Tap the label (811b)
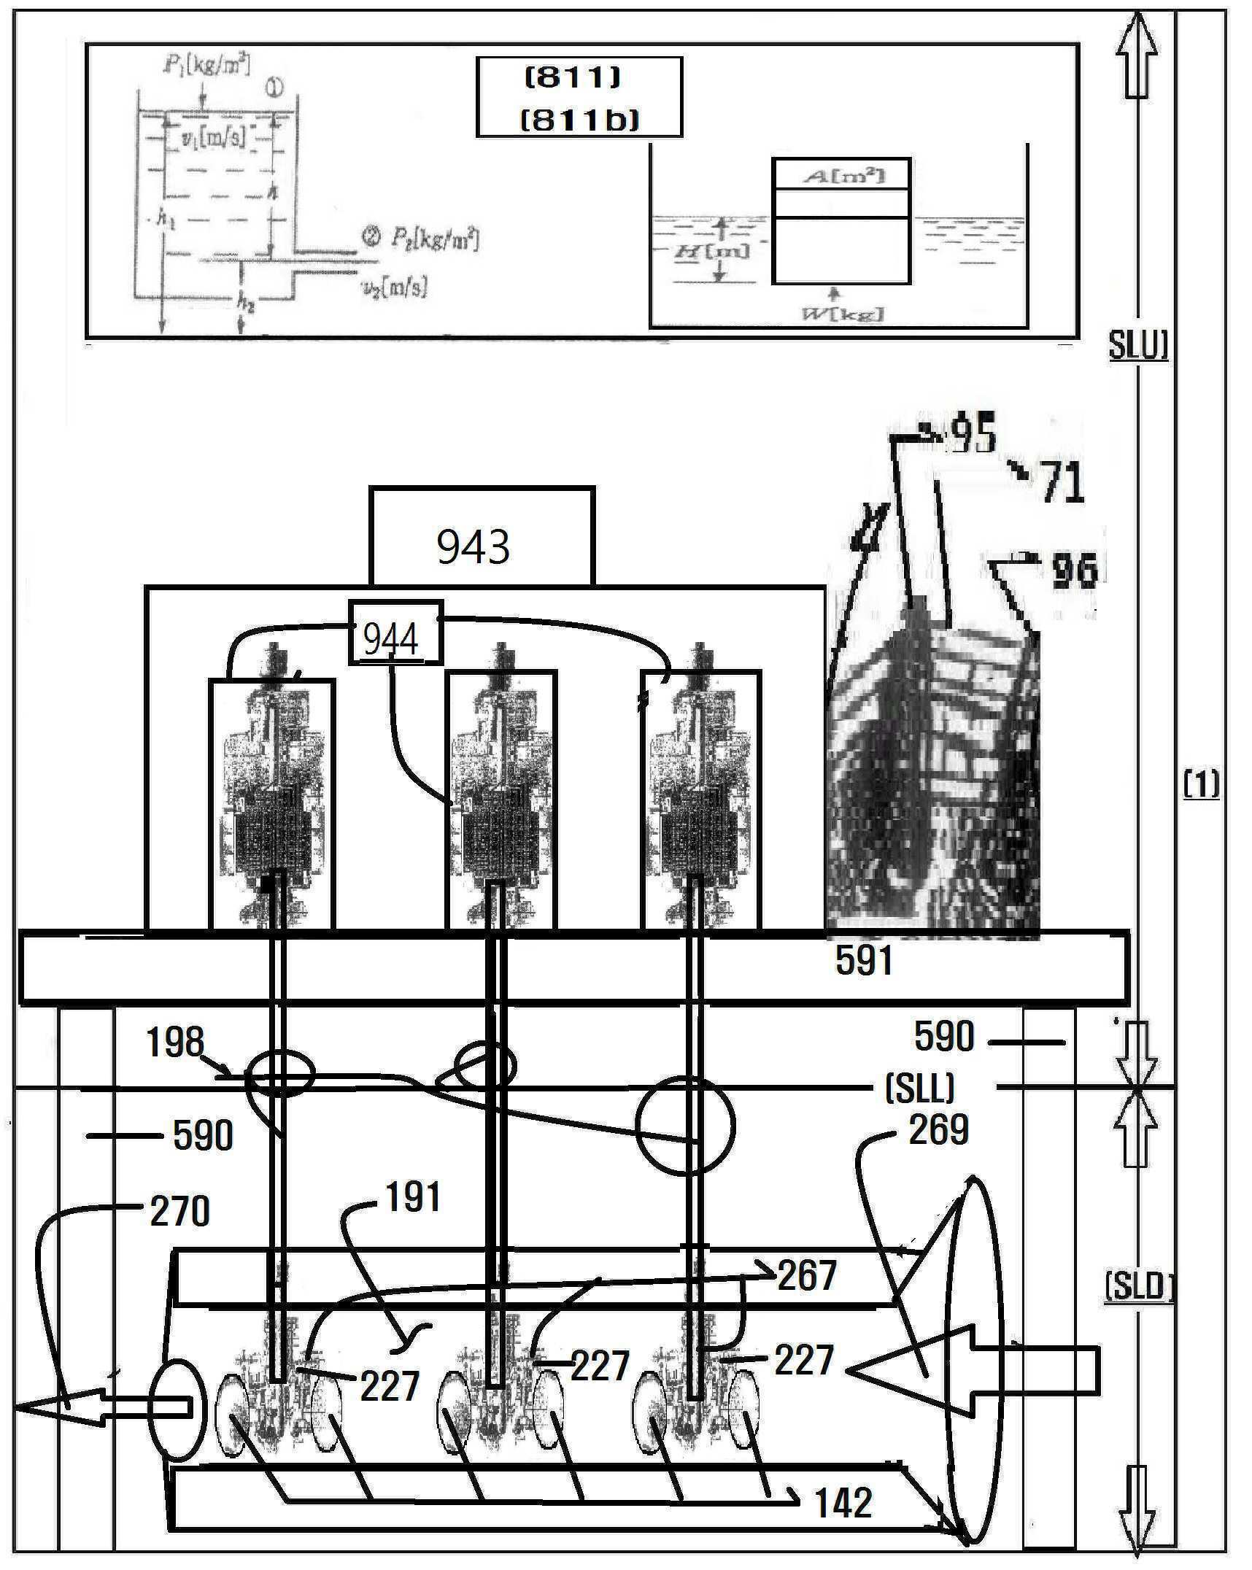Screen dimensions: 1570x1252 tap(579, 120)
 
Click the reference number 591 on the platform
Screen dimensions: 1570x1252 tap(864, 961)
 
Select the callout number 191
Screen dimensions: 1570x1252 tap(412, 1197)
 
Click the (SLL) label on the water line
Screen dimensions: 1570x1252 tap(919, 1089)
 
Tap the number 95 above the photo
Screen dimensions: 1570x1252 tap(975, 436)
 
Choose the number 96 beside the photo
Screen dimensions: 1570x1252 tap(1075, 570)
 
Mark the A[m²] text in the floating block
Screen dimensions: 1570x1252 tap(842, 176)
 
